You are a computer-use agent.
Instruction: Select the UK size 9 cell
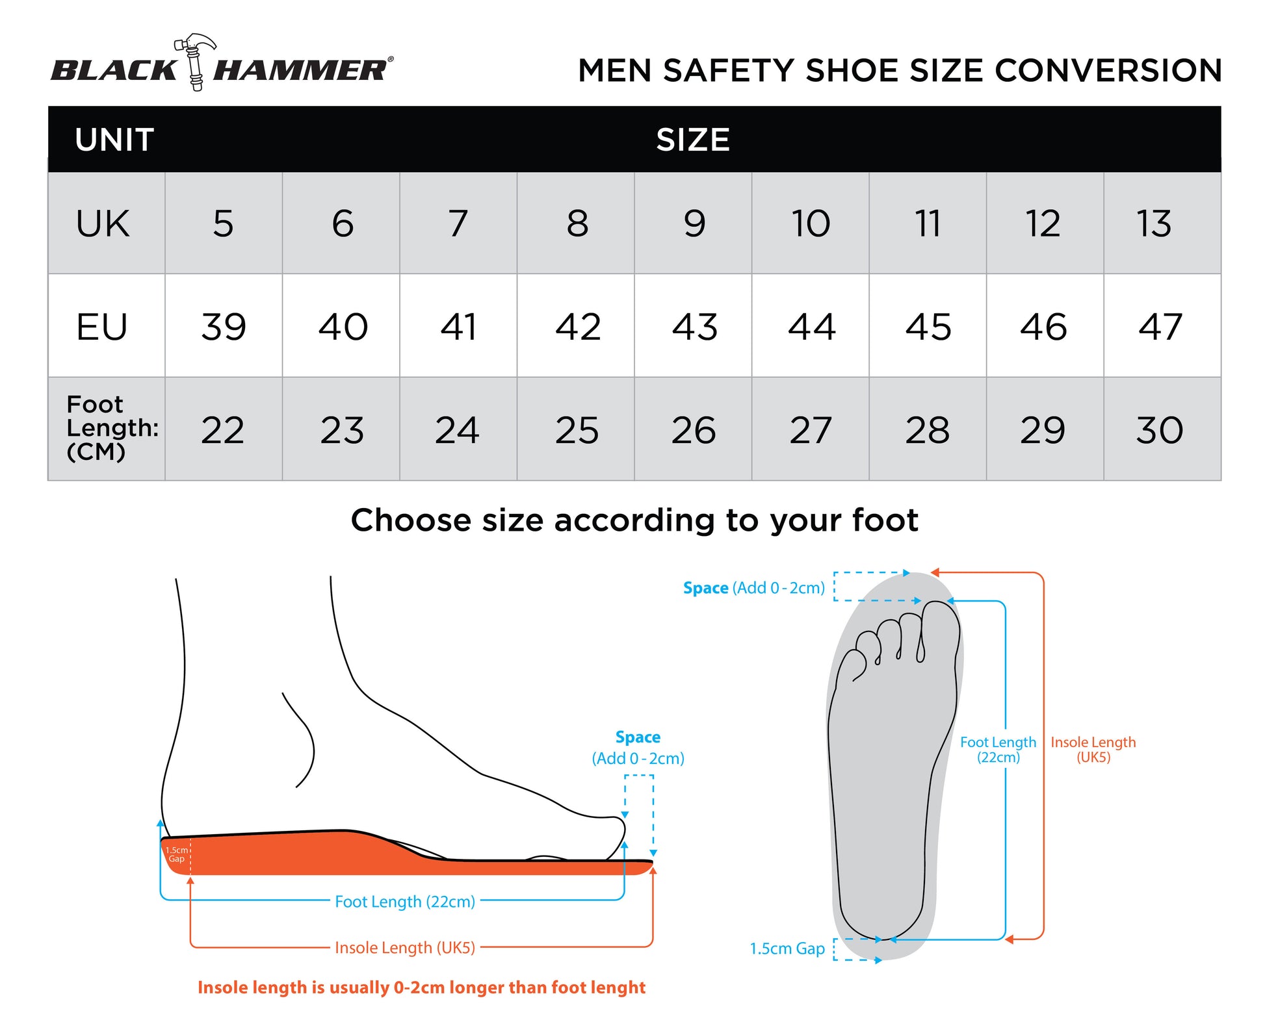[693, 223]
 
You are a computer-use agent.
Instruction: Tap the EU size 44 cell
[811, 325]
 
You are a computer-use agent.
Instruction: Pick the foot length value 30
[1160, 429]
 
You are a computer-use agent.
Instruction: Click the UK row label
[103, 223]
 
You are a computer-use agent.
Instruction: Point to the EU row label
[101, 326]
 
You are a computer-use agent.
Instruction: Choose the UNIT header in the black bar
[114, 140]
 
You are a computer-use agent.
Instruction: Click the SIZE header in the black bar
[693, 140]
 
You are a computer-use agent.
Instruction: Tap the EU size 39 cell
[224, 325]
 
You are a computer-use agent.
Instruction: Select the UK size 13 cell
[1162, 223]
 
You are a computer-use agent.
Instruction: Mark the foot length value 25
[577, 429]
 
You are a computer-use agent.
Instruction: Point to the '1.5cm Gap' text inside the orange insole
[177, 854]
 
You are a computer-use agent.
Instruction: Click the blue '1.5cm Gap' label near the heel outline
[787, 948]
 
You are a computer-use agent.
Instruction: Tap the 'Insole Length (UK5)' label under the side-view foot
[405, 948]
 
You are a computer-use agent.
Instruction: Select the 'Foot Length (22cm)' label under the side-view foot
[405, 902]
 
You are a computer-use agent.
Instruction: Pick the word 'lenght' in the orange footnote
[618, 988]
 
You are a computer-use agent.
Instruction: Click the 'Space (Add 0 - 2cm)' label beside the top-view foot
[753, 588]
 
